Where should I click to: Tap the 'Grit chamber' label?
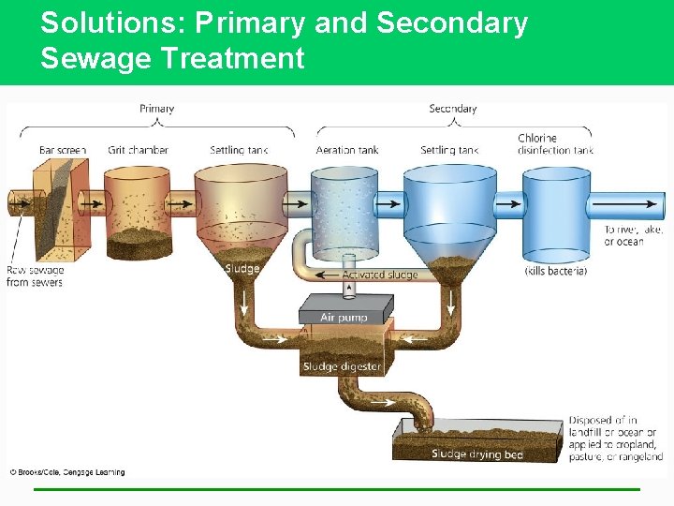(138, 150)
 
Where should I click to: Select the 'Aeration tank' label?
(347, 150)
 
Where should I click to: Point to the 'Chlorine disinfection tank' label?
(555, 144)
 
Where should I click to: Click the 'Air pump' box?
(345, 317)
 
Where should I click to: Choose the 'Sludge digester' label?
(342, 366)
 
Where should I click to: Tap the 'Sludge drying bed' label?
(477, 454)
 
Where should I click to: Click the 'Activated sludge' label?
(379, 275)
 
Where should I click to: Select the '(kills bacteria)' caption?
(555, 271)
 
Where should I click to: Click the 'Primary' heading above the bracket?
(156, 109)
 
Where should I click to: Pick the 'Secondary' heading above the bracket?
(452, 109)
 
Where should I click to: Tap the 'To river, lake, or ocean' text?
(635, 235)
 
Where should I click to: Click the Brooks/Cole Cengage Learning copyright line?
(67, 472)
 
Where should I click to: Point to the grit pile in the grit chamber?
(138, 242)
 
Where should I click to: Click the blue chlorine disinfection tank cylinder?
(555, 216)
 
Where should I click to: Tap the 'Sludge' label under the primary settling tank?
(242, 269)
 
